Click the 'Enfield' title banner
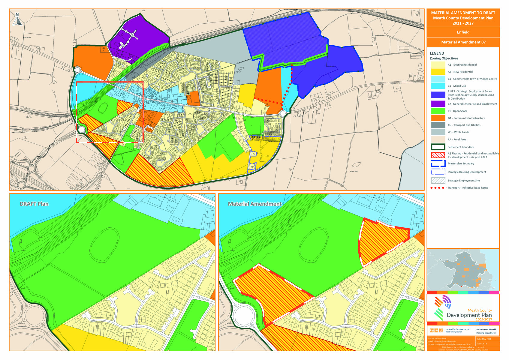click(x=463, y=32)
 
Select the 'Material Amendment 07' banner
click(x=463, y=42)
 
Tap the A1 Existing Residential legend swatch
click(x=438, y=65)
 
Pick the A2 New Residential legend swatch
click(x=438, y=72)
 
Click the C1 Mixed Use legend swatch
click(x=438, y=86)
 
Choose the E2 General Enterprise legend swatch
click(x=438, y=104)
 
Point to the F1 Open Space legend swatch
click(x=438, y=111)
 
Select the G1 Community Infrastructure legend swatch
click(x=438, y=118)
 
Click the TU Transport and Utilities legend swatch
click(x=438, y=125)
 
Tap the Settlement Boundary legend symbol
click(x=438, y=147)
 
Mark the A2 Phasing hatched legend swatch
click(x=438, y=155)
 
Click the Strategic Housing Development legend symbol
click(x=438, y=172)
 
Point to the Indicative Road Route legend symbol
click(x=438, y=188)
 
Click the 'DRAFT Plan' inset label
click(x=34, y=204)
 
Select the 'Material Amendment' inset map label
click(x=254, y=204)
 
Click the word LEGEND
click(x=437, y=53)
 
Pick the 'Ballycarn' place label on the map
click(x=354, y=172)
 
